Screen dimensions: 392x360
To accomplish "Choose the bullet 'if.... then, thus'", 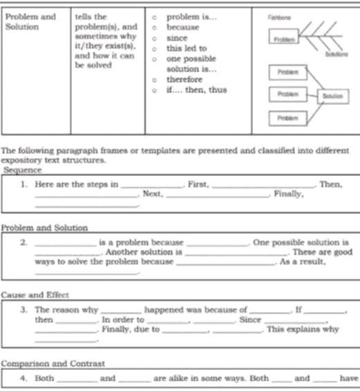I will (x=197, y=90).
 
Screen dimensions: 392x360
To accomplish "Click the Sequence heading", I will (x=23, y=169).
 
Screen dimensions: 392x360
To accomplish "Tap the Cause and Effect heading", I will (x=34, y=295).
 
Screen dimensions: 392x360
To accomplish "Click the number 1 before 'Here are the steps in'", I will (x=23, y=184).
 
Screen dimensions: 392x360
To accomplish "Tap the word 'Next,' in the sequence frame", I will (x=151, y=194).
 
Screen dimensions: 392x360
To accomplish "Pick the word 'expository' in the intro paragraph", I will (x=23, y=159).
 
